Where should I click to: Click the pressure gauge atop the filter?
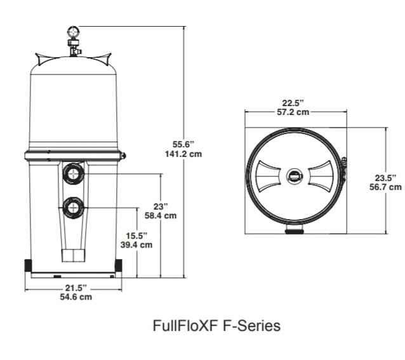73,30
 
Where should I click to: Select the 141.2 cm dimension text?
182,155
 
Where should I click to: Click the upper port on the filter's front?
73,173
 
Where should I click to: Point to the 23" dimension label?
161,206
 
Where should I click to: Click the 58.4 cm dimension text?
161,216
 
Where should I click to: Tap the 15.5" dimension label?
136,234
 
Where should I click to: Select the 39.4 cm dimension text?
136,244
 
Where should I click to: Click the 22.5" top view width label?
294,103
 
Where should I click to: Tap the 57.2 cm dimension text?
294,112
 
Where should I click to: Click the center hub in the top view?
295,177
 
